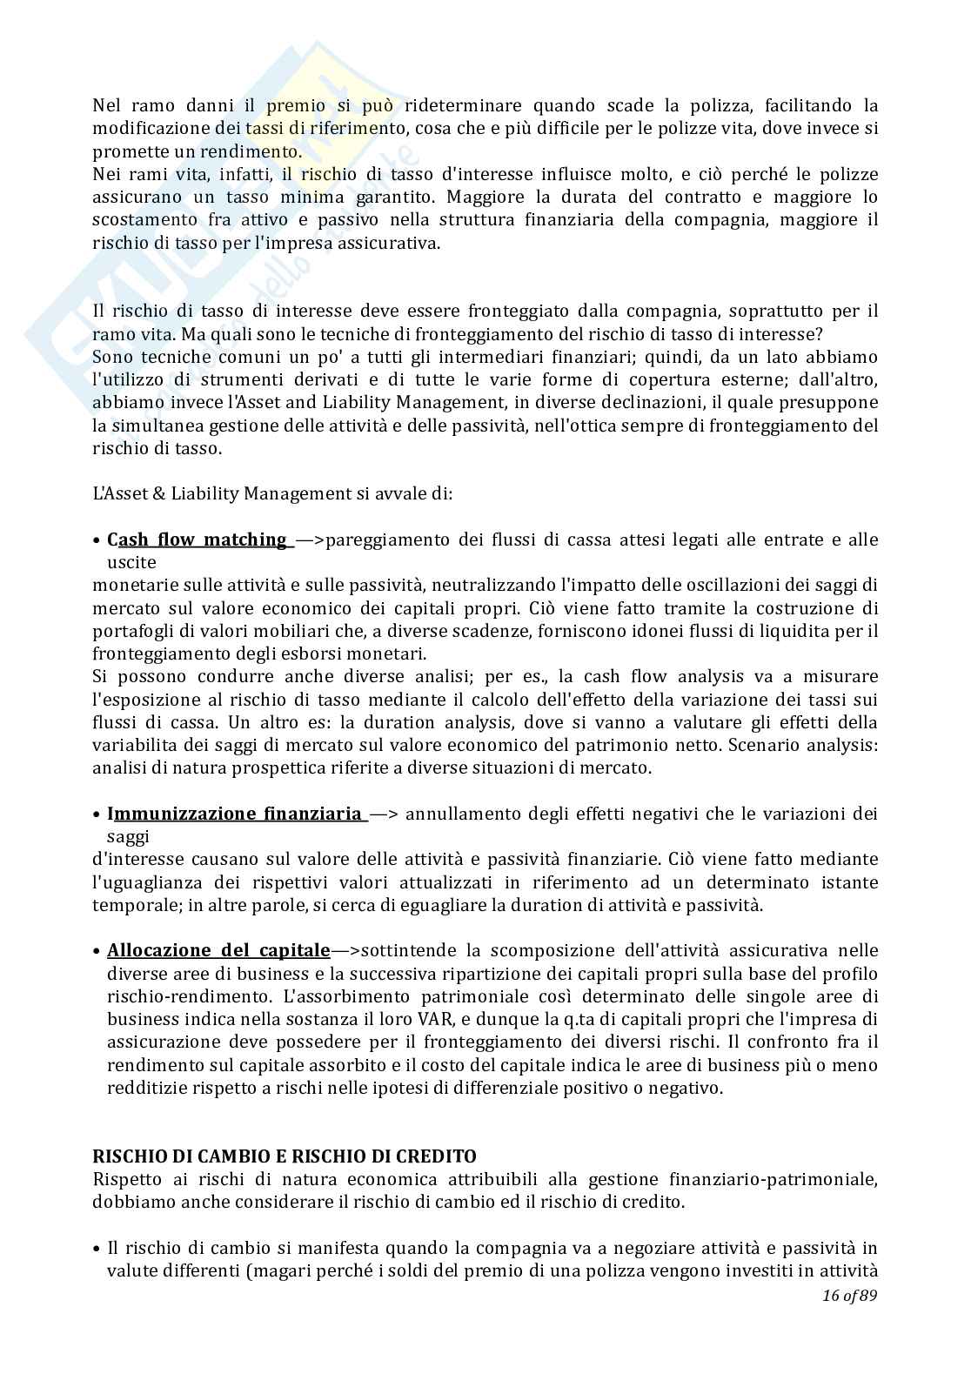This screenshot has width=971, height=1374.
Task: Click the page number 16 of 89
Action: pyautogui.click(x=849, y=1296)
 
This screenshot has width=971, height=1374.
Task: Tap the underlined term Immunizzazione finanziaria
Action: pyautogui.click(x=235, y=814)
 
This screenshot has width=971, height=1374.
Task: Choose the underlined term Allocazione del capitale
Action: pyautogui.click(x=218, y=950)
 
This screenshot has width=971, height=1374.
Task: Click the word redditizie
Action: pyautogui.click(x=147, y=1088)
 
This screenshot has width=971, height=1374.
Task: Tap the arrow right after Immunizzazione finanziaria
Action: pyautogui.click(x=384, y=814)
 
